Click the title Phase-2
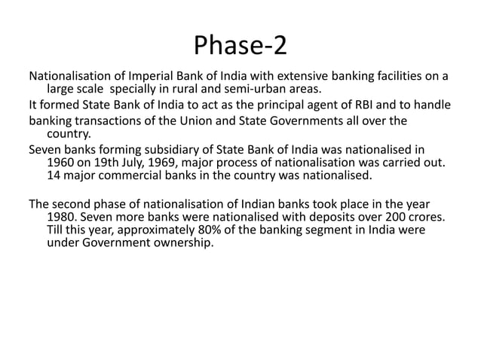(x=240, y=46)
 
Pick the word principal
(x=259, y=105)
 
